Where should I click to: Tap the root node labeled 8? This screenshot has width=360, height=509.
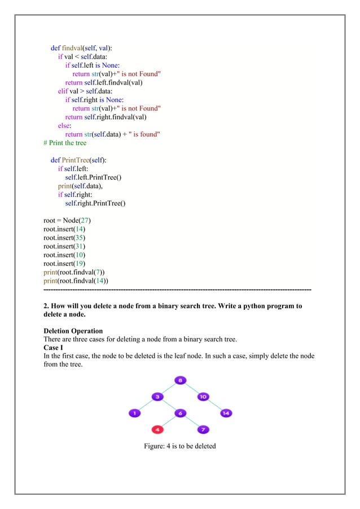point(180,380)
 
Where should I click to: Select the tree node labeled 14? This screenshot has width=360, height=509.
point(226,413)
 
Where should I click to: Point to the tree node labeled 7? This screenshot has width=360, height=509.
point(203,430)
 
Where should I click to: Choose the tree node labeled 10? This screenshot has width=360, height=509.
point(203,397)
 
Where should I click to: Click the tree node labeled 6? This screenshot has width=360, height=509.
point(180,413)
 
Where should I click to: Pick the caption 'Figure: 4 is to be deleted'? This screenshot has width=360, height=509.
point(180,446)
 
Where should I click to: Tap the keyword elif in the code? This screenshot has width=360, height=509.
point(63,91)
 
